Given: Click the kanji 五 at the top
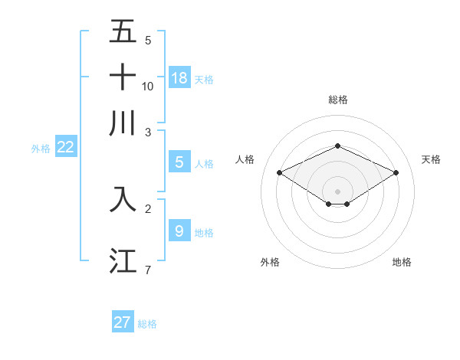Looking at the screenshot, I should coord(123,32).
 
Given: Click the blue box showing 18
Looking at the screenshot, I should coord(179,77).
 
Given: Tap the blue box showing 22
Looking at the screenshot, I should coord(65,148).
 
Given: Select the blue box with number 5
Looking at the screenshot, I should coord(179,162).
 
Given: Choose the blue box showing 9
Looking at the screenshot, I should coord(179,231).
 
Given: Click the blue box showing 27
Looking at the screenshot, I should coord(123,322).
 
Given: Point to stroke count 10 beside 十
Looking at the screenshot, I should coord(148,86).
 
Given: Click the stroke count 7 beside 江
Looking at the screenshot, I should coord(148,270).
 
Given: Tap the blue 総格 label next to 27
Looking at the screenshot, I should coord(148,324).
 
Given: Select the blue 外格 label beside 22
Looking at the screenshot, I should coord(41,149).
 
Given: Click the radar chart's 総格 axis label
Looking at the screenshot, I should coord(337,100).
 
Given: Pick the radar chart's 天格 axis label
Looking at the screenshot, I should coord(432,159).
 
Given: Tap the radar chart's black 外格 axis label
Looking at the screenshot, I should coord(270,263).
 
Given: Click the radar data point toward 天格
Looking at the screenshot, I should coord(396,173).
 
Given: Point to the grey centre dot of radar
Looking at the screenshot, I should coord(337,191).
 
